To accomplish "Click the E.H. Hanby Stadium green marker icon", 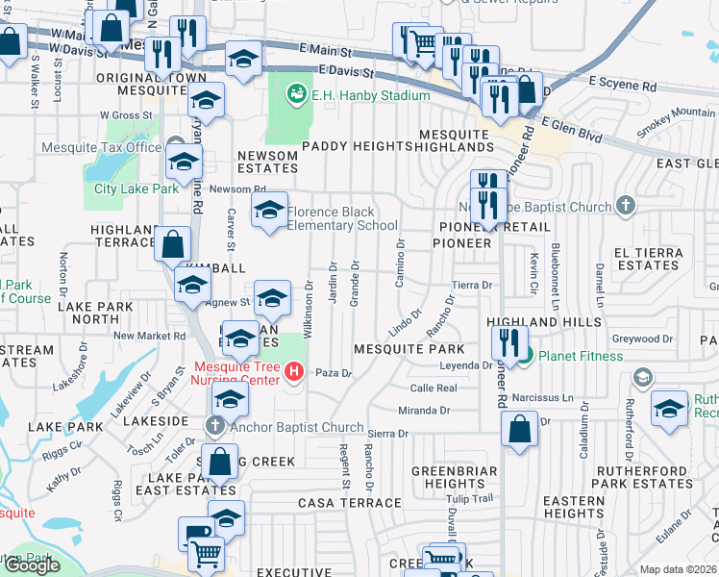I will click(296, 94).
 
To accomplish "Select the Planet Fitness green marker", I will click(524, 356).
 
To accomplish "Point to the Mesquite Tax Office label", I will click(101, 148).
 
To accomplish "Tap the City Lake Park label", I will click(136, 188).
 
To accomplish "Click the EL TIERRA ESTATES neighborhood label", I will click(650, 258).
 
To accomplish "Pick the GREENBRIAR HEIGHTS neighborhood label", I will click(455, 477).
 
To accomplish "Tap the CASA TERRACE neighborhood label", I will click(350, 502).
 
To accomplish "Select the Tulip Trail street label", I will click(469, 498).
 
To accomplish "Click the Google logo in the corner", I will click(31, 565).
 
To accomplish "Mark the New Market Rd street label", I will click(149, 336).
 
